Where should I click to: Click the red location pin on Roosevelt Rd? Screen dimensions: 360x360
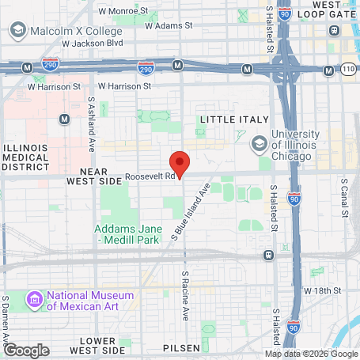[180, 163]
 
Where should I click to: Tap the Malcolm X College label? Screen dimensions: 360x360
[78, 30]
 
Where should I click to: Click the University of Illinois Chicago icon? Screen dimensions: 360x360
[260, 143]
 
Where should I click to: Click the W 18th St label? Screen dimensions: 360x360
[323, 290]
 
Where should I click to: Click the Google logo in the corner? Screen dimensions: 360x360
[26, 349]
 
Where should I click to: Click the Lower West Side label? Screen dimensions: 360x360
[97, 344]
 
